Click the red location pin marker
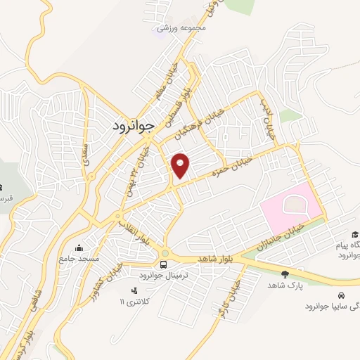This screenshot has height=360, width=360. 181,165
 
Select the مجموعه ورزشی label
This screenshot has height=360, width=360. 181,28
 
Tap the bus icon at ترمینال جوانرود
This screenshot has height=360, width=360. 163,264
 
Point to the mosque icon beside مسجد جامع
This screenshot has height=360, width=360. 79,248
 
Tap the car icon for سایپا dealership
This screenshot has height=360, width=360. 342,296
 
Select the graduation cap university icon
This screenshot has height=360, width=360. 356,235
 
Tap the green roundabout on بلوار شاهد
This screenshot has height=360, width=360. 165,252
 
